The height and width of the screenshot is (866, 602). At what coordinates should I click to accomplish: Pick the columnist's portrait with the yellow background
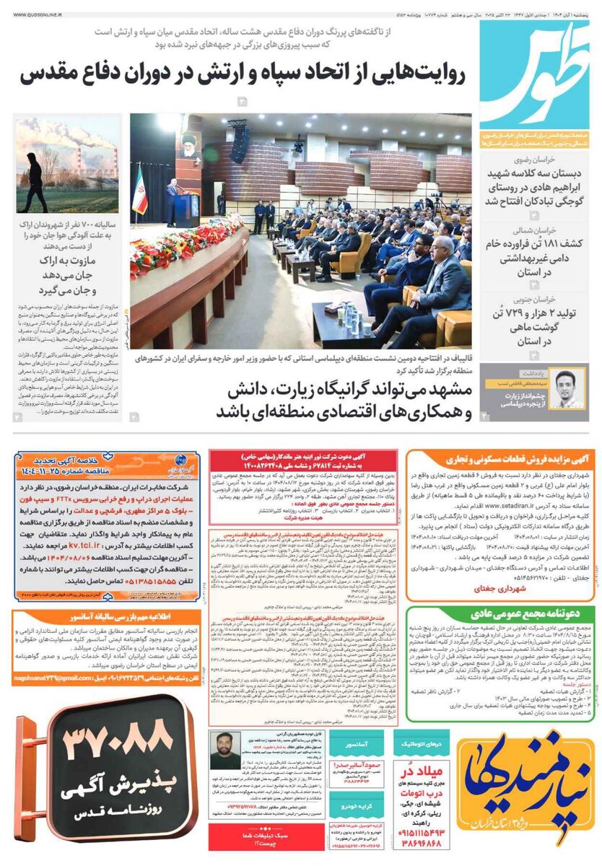coord(568,386)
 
